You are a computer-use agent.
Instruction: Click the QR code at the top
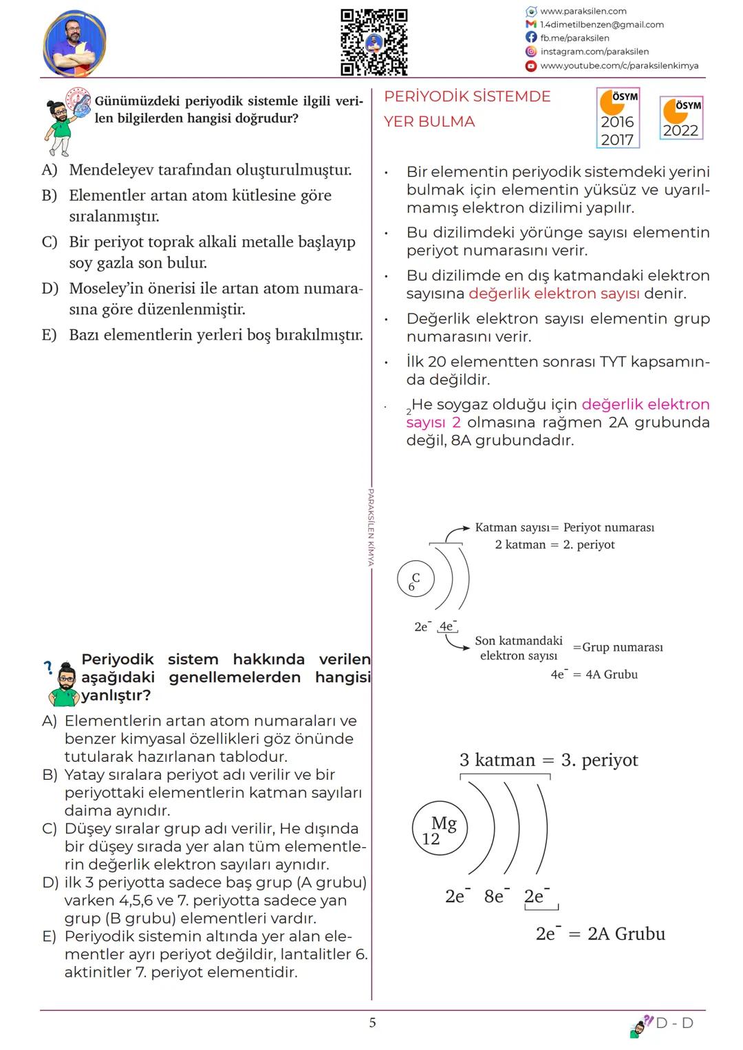pyautogui.click(x=374, y=42)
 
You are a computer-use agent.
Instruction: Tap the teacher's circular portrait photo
pyautogui.click(x=74, y=43)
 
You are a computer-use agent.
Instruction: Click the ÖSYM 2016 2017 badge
pyautogui.click(x=618, y=118)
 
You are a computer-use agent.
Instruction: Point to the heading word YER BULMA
pyautogui.click(x=429, y=122)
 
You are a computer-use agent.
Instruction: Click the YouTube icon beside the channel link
pyautogui.click(x=530, y=66)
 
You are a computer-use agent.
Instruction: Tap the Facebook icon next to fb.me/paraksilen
pyautogui.click(x=530, y=38)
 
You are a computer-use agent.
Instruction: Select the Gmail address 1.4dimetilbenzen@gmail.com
pyautogui.click(x=602, y=25)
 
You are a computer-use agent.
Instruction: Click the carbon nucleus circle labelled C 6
pyautogui.click(x=413, y=581)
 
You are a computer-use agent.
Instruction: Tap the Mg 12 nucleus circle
pyautogui.click(x=439, y=830)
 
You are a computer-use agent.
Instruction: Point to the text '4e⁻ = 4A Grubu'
pyautogui.click(x=594, y=675)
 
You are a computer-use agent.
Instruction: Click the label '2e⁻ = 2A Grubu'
pyautogui.click(x=600, y=934)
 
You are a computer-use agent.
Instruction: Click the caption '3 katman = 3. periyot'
pyautogui.click(x=548, y=761)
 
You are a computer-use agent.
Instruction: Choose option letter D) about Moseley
pyautogui.click(x=50, y=288)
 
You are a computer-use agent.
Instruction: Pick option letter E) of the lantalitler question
pyautogui.click(x=49, y=937)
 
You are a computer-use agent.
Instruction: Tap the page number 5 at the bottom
pyautogui.click(x=372, y=1023)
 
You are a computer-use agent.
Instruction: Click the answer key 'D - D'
pyautogui.click(x=674, y=1023)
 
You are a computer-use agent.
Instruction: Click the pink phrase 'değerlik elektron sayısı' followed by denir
pyautogui.click(x=554, y=294)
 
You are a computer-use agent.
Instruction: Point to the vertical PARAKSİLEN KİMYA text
pyautogui.click(x=371, y=527)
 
